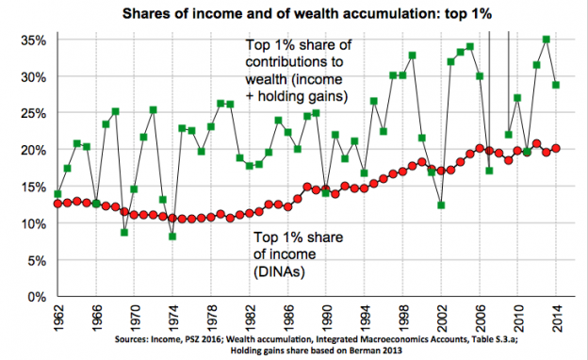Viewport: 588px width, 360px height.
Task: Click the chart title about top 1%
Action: click(294, 14)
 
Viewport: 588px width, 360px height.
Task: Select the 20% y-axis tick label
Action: click(32, 150)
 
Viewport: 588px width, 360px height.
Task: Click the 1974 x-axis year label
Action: click(172, 318)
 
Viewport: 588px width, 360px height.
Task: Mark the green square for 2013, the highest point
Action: click(547, 40)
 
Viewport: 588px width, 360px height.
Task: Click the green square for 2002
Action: click(441, 205)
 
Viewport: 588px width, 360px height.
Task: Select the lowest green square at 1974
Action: click(172, 237)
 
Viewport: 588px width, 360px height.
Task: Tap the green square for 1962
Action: click(58, 194)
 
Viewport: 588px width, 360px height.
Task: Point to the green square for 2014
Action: click(556, 85)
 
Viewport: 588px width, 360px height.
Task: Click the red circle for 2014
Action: click(556, 148)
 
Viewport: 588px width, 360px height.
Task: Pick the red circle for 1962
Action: click(58, 203)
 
